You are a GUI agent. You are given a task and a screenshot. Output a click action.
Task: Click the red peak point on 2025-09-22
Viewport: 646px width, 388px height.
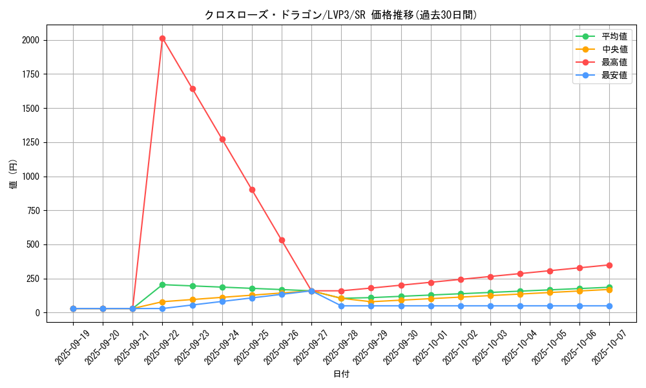(x=162, y=38)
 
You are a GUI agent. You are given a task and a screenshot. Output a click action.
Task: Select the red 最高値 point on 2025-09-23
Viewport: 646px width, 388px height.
(x=193, y=89)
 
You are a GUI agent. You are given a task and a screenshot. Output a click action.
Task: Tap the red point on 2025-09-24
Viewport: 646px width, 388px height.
(x=222, y=139)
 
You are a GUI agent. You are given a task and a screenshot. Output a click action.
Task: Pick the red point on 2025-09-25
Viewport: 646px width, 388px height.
(x=252, y=189)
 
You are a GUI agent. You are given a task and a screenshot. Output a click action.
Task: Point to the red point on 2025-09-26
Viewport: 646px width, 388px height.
(x=282, y=240)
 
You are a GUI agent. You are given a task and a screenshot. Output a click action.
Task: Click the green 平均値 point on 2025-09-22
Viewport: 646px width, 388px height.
(x=162, y=285)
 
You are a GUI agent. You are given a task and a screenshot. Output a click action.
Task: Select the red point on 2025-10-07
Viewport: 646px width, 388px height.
(x=609, y=265)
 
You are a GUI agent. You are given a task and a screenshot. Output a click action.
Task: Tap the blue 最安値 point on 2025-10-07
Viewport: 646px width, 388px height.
(x=609, y=306)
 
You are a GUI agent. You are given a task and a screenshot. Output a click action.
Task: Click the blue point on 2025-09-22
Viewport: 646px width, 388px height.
(x=162, y=308)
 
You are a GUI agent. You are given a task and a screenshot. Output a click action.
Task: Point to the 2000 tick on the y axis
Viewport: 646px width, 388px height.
(x=30, y=40)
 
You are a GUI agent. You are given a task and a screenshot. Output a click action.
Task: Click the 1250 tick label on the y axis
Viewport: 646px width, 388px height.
(x=30, y=142)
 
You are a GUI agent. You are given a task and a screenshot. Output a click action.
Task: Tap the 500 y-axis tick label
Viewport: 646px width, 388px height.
(x=32, y=244)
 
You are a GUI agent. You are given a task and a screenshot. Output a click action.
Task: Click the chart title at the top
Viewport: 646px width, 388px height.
(x=340, y=14)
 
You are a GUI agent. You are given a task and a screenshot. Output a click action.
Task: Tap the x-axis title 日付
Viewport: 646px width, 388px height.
(x=340, y=374)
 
